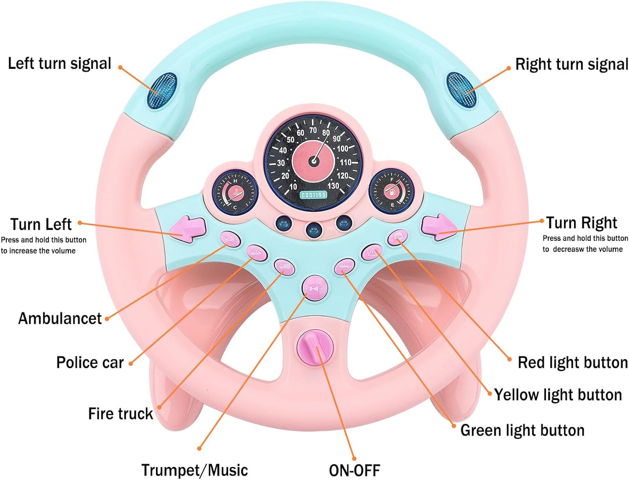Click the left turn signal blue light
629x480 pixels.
point(162,91)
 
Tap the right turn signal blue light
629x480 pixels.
point(461,89)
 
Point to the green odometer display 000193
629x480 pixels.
point(313,195)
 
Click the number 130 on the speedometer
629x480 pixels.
point(333,186)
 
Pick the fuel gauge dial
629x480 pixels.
point(391,191)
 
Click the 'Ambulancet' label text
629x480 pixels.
point(60,318)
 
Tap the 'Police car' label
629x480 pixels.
point(90,362)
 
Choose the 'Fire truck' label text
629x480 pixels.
point(120,413)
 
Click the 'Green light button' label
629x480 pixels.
point(522,430)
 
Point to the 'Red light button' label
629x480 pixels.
point(572,362)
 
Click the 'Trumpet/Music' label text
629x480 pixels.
point(195,470)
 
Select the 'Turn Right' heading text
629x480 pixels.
point(582,223)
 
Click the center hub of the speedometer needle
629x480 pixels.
point(313,161)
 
